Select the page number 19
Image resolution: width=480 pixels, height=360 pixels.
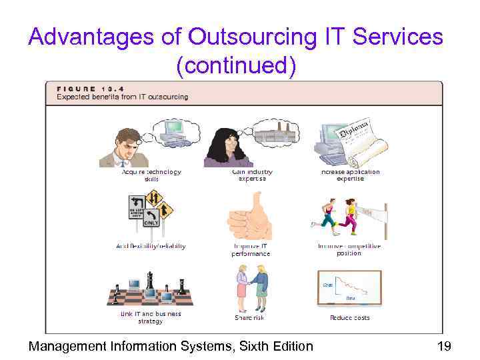pos(445,345)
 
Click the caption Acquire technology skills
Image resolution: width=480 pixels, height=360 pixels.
pos(151,175)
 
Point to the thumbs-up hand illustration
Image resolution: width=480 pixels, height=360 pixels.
pos(250,217)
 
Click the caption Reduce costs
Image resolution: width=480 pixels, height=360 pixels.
pos(349,318)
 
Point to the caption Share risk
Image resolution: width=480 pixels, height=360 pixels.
pos(250,318)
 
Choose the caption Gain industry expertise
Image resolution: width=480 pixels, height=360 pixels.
pos(252,175)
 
